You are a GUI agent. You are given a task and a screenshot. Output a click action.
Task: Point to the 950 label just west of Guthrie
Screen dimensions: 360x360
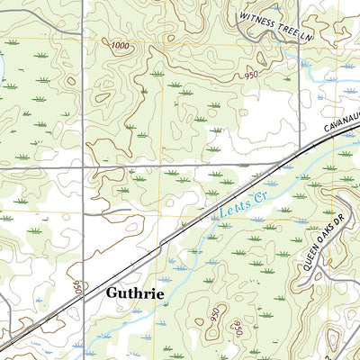pos(78,290)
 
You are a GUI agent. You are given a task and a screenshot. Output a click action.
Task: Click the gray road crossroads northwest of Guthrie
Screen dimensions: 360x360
pos(84,166)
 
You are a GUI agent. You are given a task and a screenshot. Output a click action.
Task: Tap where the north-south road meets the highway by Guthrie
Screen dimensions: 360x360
pos(84,293)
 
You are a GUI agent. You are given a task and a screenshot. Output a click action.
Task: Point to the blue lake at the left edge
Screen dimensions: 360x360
pos(2,67)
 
